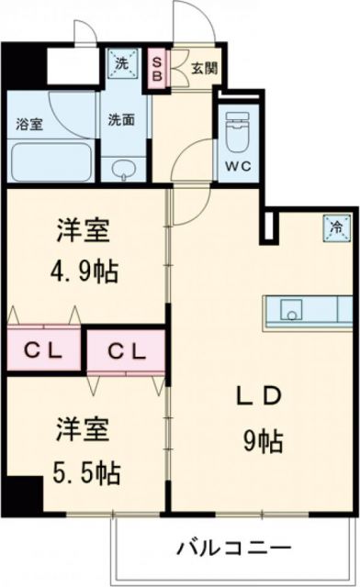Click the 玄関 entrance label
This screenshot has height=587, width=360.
202,66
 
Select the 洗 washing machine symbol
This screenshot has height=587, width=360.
123,63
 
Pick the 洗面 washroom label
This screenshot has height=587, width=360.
123,119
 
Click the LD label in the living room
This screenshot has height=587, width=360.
261,395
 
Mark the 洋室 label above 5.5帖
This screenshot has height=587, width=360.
83,429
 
